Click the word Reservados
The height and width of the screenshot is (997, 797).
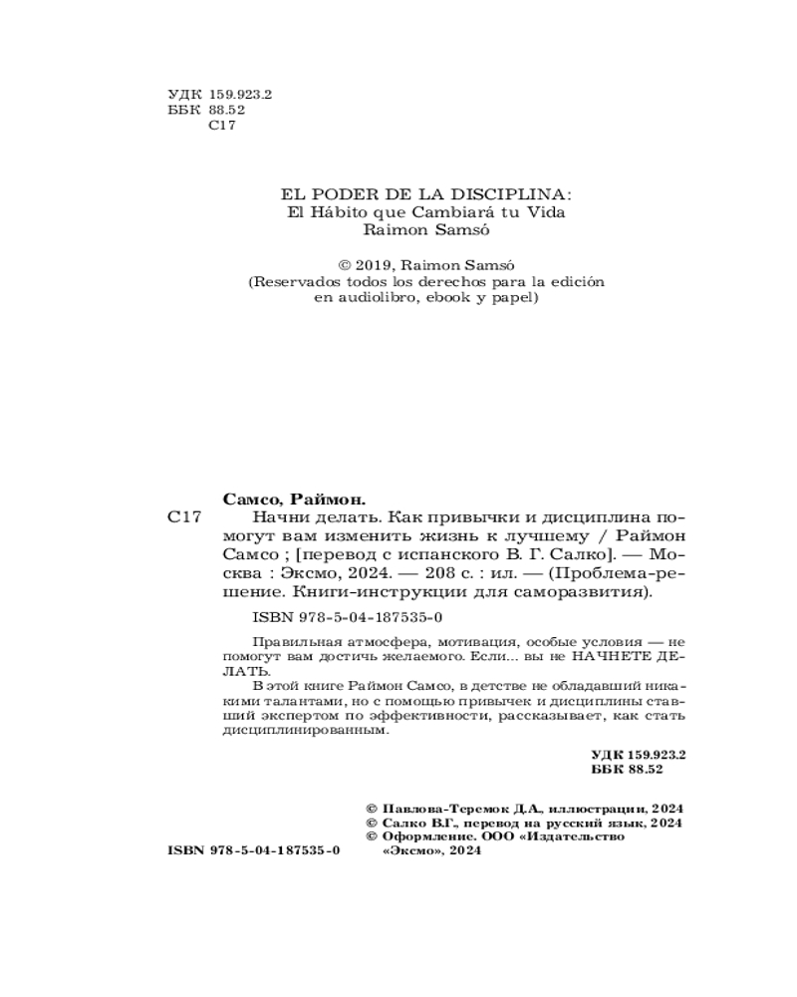(x=299, y=282)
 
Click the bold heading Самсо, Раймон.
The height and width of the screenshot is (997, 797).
(x=292, y=498)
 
